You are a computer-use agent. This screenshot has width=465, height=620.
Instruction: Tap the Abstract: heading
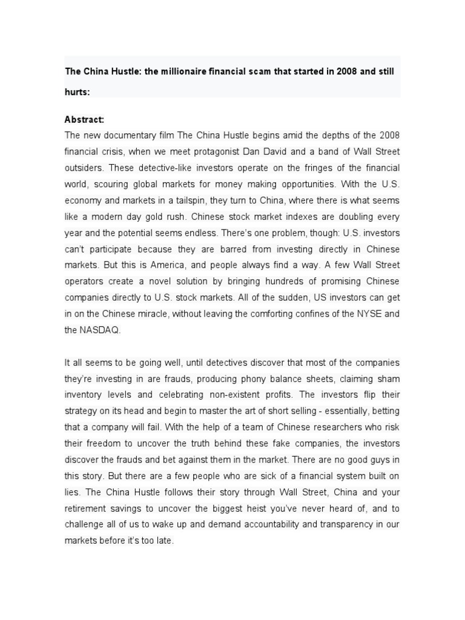pyautogui.click(x=84, y=120)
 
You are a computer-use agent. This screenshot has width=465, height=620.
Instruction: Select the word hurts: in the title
pyautogui.click(x=77, y=93)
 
